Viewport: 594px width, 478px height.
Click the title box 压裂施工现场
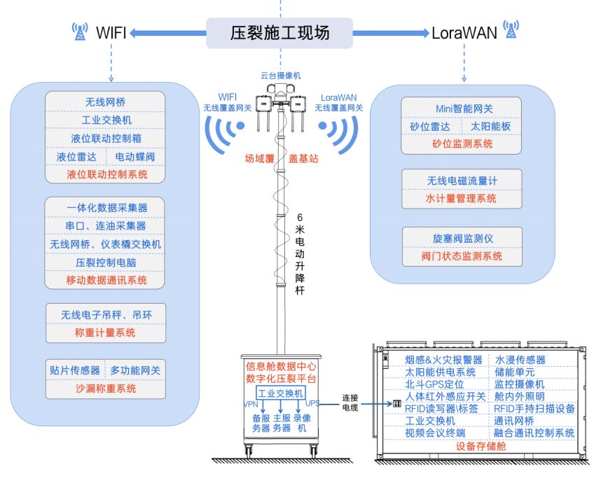tap(279, 33)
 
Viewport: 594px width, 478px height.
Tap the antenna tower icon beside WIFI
tap(80, 31)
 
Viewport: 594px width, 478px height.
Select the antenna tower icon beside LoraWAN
tap(511, 29)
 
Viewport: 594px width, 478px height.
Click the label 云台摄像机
tap(281, 76)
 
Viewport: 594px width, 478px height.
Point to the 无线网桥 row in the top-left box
tap(105, 101)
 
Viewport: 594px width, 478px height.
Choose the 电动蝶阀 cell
tap(135, 157)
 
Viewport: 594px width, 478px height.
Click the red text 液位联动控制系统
tap(107, 174)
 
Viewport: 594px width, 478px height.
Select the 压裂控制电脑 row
tap(106, 262)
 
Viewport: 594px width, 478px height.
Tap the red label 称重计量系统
tap(105, 332)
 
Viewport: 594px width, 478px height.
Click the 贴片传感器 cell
tap(75, 370)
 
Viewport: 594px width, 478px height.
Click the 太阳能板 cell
tap(490, 127)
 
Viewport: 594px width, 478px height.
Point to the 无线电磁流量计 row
tap(462, 181)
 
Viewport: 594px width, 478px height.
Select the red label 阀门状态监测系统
tap(462, 256)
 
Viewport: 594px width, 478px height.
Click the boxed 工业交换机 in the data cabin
tap(280, 393)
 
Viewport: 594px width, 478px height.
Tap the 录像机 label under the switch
tap(302, 423)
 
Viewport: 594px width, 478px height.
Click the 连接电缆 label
tap(350, 402)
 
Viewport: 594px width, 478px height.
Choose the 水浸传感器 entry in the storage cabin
tap(520, 360)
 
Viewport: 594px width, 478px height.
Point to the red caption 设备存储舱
tap(481, 447)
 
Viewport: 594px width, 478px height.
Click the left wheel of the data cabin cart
tap(249, 452)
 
